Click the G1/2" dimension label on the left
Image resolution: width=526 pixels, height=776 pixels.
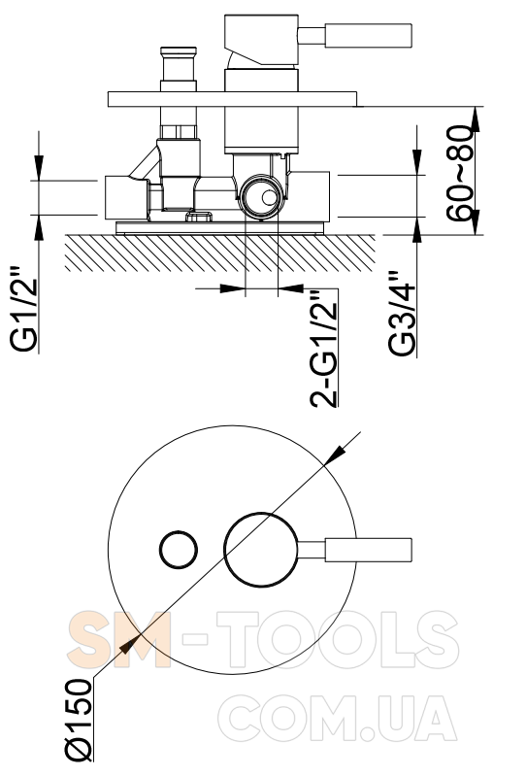click(x=24, y=309)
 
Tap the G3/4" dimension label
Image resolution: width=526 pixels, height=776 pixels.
click(x=402, y=314)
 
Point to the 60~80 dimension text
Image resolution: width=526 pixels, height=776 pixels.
click(x=460, y=173)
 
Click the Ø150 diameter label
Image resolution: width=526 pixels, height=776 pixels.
click(x=80, y=720)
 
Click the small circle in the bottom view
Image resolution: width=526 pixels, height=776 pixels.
click(x=179, y=550)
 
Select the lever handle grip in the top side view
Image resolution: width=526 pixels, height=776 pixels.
click(x=369, y=35)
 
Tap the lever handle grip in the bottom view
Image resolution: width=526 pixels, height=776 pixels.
click(x=369, y=550)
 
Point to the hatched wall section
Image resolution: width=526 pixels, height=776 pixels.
click(x=220, y=253)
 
